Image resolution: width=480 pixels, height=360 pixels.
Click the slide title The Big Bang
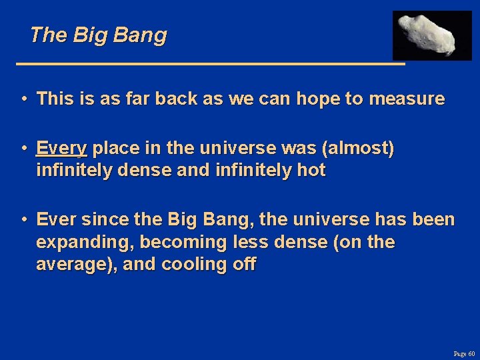tap(98, 35)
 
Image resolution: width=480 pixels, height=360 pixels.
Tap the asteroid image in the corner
tap(431, 35)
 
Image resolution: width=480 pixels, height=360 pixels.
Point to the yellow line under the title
tap(210, 64)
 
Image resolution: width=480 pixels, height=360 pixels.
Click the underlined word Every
tap(61, 149)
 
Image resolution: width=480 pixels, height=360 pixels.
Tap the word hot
tap(311, 171)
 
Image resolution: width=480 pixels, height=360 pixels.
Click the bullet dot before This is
tap(23, 99)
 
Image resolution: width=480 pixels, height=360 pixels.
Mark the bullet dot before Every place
tap(23, 149)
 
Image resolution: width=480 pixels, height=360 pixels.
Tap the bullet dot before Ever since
tap(23, 219)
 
